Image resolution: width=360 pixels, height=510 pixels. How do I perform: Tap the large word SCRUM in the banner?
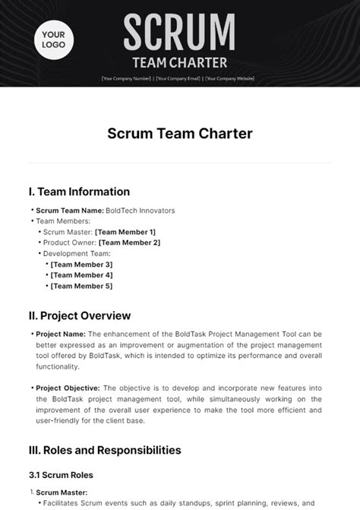pos(179,32)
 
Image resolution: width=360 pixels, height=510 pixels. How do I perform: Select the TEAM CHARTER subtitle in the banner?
pos(179,62)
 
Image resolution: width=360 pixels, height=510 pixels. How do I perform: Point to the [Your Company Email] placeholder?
pos(178,78)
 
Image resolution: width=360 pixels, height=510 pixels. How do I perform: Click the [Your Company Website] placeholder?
pos(228,78)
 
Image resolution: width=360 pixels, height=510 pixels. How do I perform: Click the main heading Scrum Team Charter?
pos(179,134)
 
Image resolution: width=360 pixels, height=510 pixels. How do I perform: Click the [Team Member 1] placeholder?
pos(125,232)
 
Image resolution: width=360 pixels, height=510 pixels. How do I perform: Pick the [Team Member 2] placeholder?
pos(130,242)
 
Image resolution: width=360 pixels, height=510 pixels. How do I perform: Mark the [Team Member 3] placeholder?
pos(81,264)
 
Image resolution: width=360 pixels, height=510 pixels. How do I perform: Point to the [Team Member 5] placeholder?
pos(81,286)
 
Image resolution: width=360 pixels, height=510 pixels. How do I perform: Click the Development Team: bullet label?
pos(77,253)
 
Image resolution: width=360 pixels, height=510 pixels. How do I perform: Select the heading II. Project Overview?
pos(81,315)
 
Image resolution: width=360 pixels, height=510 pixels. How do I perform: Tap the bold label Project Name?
pos(61,334)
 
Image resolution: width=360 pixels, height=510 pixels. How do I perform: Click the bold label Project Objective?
pos(67,387)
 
